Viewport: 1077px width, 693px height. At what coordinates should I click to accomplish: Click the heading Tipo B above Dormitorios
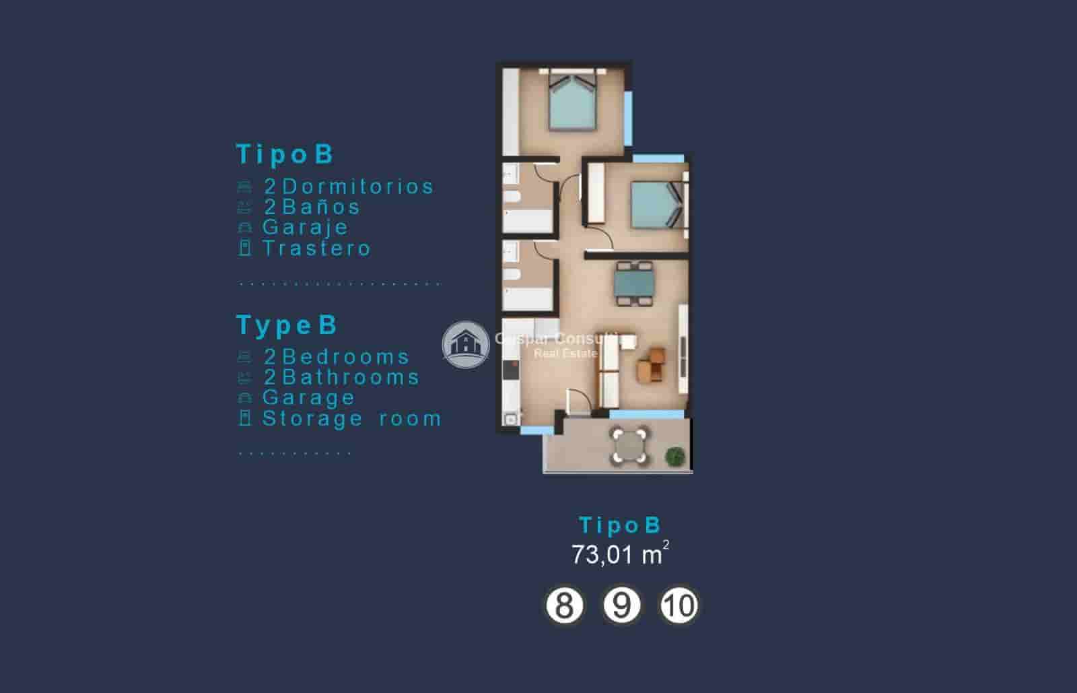point(285,154)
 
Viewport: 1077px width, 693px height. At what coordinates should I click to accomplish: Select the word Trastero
point(316,249)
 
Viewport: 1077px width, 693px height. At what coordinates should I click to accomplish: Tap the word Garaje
point(306,228)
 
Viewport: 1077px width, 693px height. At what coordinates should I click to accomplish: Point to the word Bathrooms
point(351,377)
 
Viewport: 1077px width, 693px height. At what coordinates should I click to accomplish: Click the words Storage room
point(352,419)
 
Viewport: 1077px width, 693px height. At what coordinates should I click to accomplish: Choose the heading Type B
point(287,325)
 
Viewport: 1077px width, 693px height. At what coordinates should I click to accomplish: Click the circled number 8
point(563,605)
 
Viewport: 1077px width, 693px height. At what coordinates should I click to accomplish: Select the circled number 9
point(621,605)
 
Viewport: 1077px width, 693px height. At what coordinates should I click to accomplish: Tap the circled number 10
point(679,605)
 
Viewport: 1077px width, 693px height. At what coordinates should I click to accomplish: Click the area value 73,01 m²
point(620,554)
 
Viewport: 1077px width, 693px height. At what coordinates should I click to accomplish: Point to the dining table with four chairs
point(634,284)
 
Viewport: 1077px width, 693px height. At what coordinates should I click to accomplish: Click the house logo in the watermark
point(465,344)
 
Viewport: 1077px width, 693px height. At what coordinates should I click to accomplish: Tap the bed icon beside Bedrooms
point(245,357)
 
